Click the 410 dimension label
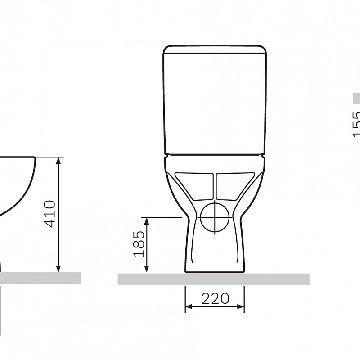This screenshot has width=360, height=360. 50,214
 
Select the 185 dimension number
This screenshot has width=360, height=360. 139,243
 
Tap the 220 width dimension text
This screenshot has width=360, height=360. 216,298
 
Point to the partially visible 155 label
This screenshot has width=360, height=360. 355,124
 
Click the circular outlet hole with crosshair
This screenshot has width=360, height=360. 215,217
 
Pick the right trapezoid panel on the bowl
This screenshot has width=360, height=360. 235,186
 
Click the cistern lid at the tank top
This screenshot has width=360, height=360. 215,49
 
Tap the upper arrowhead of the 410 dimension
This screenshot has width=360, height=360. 58,161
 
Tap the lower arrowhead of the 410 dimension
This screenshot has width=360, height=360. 58,269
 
